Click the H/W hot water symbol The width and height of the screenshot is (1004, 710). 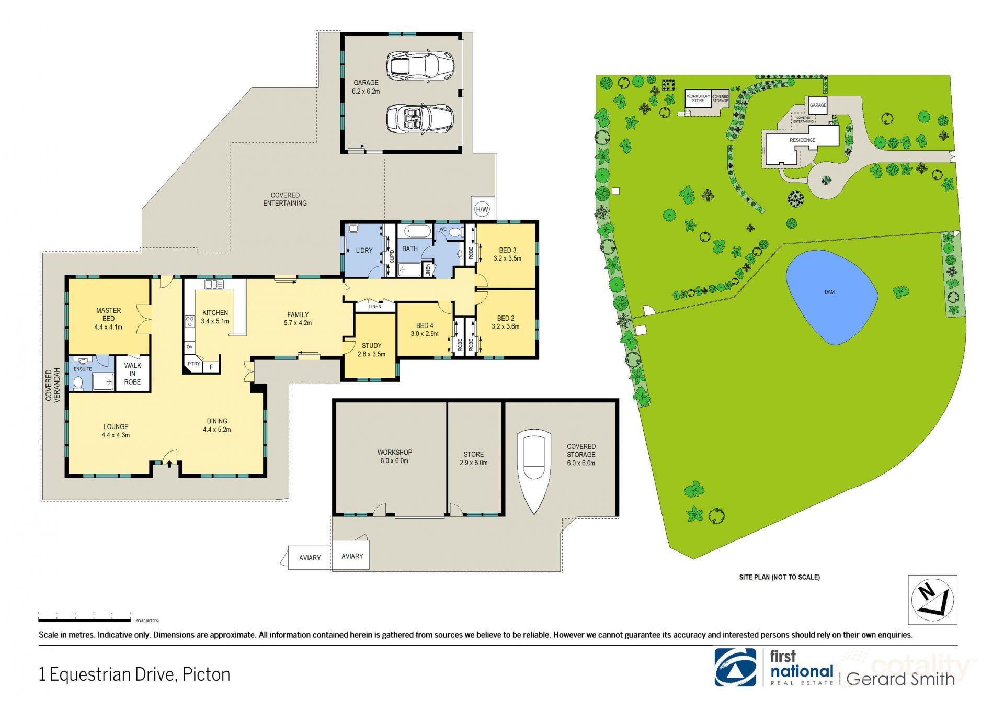click(482, 210)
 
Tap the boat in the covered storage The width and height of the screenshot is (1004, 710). click(533, 469)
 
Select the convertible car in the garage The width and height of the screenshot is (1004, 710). click(419, 118)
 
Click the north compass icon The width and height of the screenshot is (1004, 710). click(932, 600)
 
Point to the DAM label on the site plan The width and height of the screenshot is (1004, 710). click(829, 292)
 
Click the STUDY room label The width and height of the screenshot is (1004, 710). click(371, 346)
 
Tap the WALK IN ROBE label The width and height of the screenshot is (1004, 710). click(132, 374)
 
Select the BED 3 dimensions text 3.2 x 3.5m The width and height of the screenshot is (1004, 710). click(507, 258)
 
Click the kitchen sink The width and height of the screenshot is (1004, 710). click(214, 285)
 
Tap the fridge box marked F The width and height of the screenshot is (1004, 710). click(211, 367)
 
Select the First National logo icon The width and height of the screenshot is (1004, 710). click(735, 667)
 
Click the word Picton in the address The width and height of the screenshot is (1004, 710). click(207, 675)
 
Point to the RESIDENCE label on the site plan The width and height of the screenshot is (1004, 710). click(802, 140)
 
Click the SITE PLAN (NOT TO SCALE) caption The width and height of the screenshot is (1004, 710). click(779, 577)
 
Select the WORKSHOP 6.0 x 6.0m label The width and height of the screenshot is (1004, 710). click(395, 456)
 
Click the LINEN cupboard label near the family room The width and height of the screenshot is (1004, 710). click(375, 307)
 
